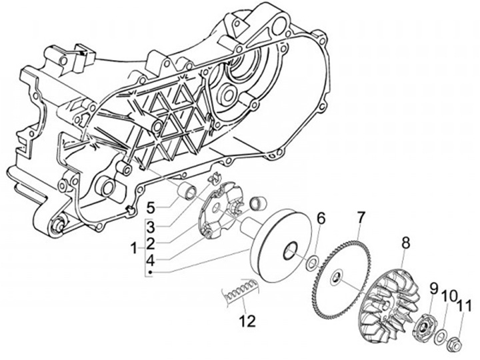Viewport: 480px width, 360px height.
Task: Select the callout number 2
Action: (151, 242)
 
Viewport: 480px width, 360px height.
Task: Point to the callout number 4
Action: (151, 259)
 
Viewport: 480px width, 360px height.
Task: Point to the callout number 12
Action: (248, 320)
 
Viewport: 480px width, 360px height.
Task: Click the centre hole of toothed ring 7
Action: (338, 276)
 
